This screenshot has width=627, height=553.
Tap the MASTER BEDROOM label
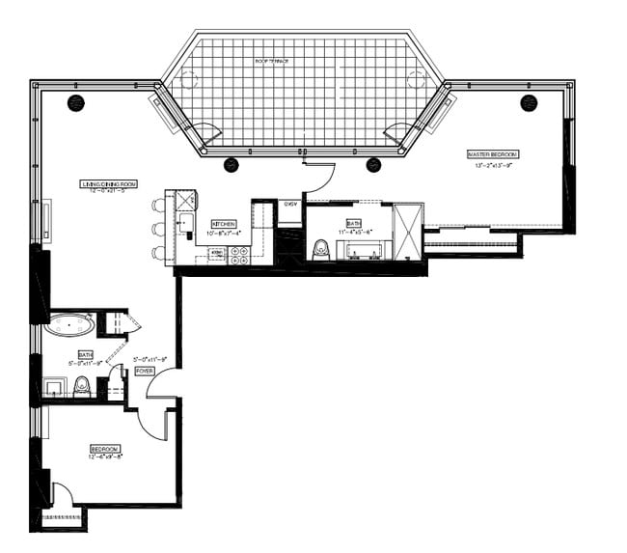(493, 154)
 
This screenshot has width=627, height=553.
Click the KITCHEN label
(224, 222)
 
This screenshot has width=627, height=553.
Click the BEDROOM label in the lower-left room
(105, 449)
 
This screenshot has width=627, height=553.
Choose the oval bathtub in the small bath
(68, 323)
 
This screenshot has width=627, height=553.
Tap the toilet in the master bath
(322, 250)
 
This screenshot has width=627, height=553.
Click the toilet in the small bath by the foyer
(83, 387)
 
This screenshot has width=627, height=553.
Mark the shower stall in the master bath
(409, 232)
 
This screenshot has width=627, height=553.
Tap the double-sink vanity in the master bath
(366, 253)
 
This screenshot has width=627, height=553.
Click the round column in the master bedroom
(528, 101)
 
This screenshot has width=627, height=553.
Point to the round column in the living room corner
(74, 101)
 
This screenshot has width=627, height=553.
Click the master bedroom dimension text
(494, 165)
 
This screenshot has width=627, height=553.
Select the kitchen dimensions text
(224, 232)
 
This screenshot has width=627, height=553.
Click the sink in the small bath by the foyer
(54, 389)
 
